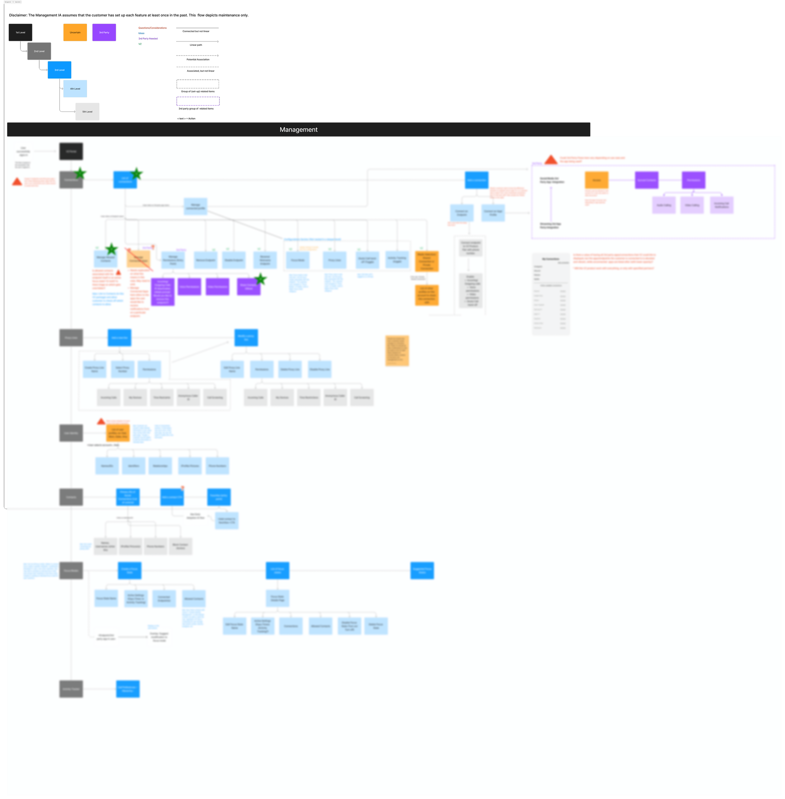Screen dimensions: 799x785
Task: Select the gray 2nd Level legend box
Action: point(39,51)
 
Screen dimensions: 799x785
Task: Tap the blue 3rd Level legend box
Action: point(59,70)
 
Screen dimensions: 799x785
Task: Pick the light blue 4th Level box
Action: point(75,89)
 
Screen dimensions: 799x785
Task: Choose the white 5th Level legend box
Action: point(87,112)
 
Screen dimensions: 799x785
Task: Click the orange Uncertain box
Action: point(75,33)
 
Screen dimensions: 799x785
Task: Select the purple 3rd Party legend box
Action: point(104,33)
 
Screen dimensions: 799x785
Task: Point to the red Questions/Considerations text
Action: point(153,28)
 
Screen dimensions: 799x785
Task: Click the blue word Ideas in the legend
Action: point(141,33)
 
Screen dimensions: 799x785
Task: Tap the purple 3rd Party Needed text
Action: point(148,39)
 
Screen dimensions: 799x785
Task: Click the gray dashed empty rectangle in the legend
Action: point(198,84)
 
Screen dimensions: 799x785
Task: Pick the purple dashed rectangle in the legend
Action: point(198,101)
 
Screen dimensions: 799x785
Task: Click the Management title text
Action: point(299,129)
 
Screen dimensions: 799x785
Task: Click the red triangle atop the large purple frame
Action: point(551,159)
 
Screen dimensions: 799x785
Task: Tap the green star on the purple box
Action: point(261,279)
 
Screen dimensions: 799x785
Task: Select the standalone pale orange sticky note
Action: point(397,350)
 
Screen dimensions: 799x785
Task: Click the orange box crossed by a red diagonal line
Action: point(138,259)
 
